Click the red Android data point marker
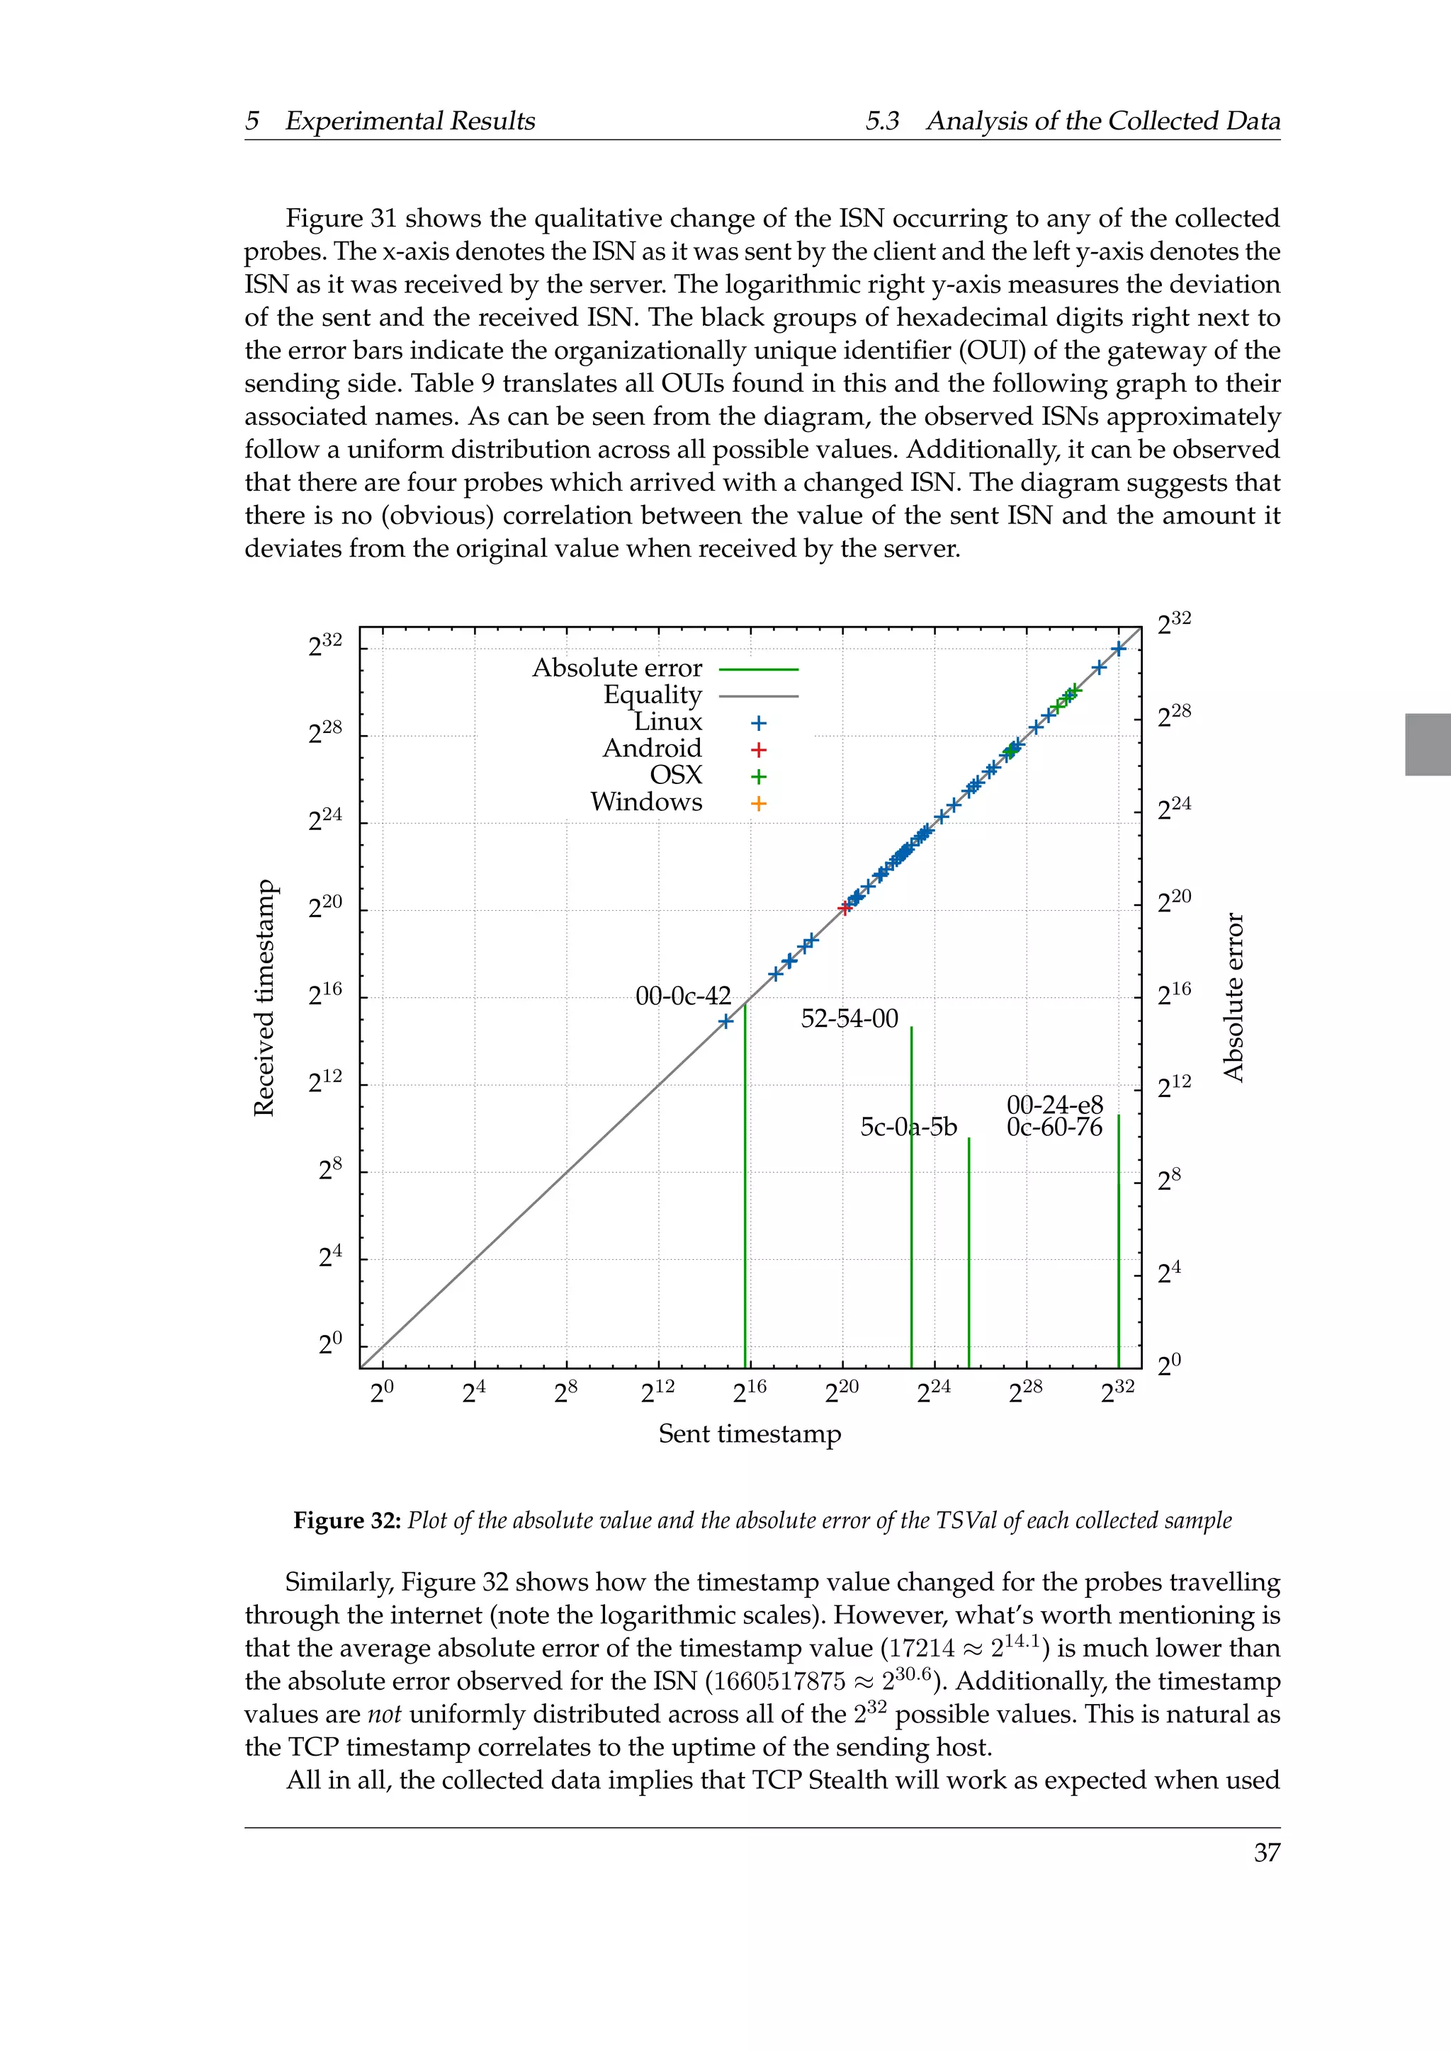pyautogui.click(x=845, y=909)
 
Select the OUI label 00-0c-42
pyautogui.click(x=682, y=996)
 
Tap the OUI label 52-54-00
pyautogui.click(x=849, y=1018)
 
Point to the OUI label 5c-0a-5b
pyautogui.click(x=908, y=1127)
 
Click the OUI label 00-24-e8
pyautogui.click(x=1054, y=1105)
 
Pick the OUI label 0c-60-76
pyautogui.click(x=1054, y=1127)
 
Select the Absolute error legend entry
pyautogui.click(x=617, y=668)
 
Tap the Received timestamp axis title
pyautogui.click(x=264, y=998)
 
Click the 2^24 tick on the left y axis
pyautogui.click(x=325, y=819)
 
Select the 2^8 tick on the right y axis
pyautogui.click(x=1168, y=1179)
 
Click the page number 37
pyautogui.click(x=1266, y=1853)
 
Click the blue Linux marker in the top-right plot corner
pyautogui.click(x=1119, y=649)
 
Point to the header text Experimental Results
pyautogui.click(x=410, y=122)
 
